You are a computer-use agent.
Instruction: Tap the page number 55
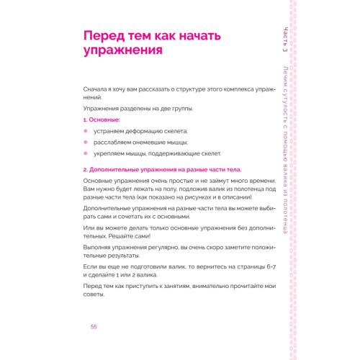point(94,327)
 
